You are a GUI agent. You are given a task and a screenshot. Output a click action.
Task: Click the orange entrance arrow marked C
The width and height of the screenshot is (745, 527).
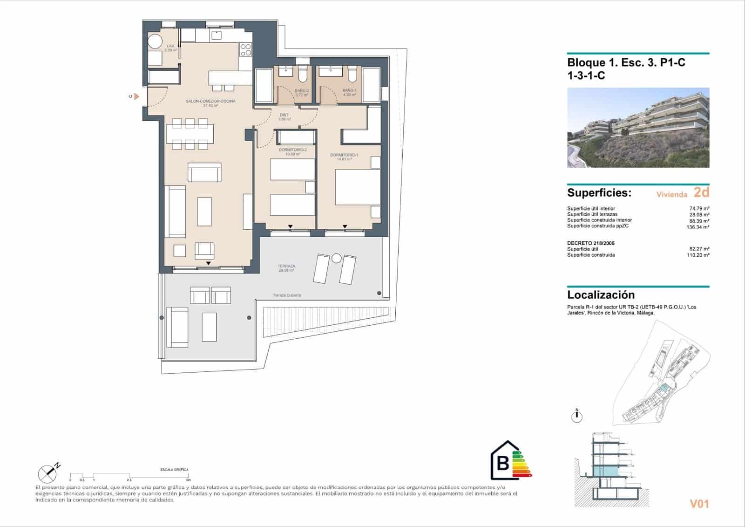tap(136, 96)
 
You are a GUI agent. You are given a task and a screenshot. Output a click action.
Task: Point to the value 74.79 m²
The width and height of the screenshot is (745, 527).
tap(699, 208)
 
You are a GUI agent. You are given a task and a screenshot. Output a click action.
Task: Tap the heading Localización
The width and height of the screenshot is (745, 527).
tap(601, 295)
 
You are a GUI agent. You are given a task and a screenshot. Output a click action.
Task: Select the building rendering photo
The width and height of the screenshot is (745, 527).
tap(638, 128)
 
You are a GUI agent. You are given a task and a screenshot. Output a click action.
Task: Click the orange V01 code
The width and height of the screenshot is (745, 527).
tap(699, 504)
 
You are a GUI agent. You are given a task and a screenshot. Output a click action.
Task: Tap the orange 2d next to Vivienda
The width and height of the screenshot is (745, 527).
tap(701, 192)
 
